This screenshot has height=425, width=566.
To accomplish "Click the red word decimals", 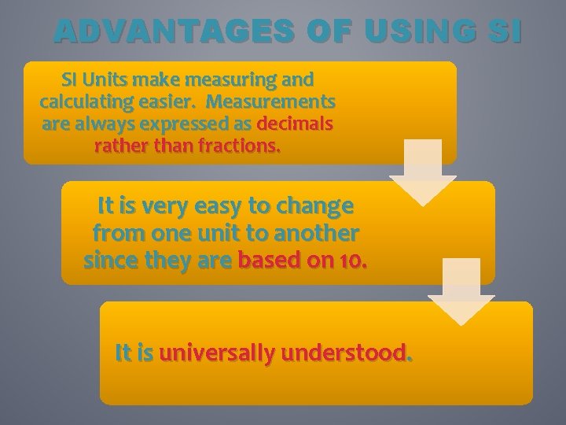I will (x=295, y=124).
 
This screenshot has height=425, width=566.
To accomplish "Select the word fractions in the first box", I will (x=236, y=146).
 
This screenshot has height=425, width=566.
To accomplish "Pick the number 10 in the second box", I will (x=351, y=261).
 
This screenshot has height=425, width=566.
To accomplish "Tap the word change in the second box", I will (x=313, y=207).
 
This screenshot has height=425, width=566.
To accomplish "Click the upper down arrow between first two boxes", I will (x=423, y=173).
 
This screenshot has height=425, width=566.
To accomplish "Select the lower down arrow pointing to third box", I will (x=461, y=292).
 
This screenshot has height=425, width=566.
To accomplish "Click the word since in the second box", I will (x=111, y=261).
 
